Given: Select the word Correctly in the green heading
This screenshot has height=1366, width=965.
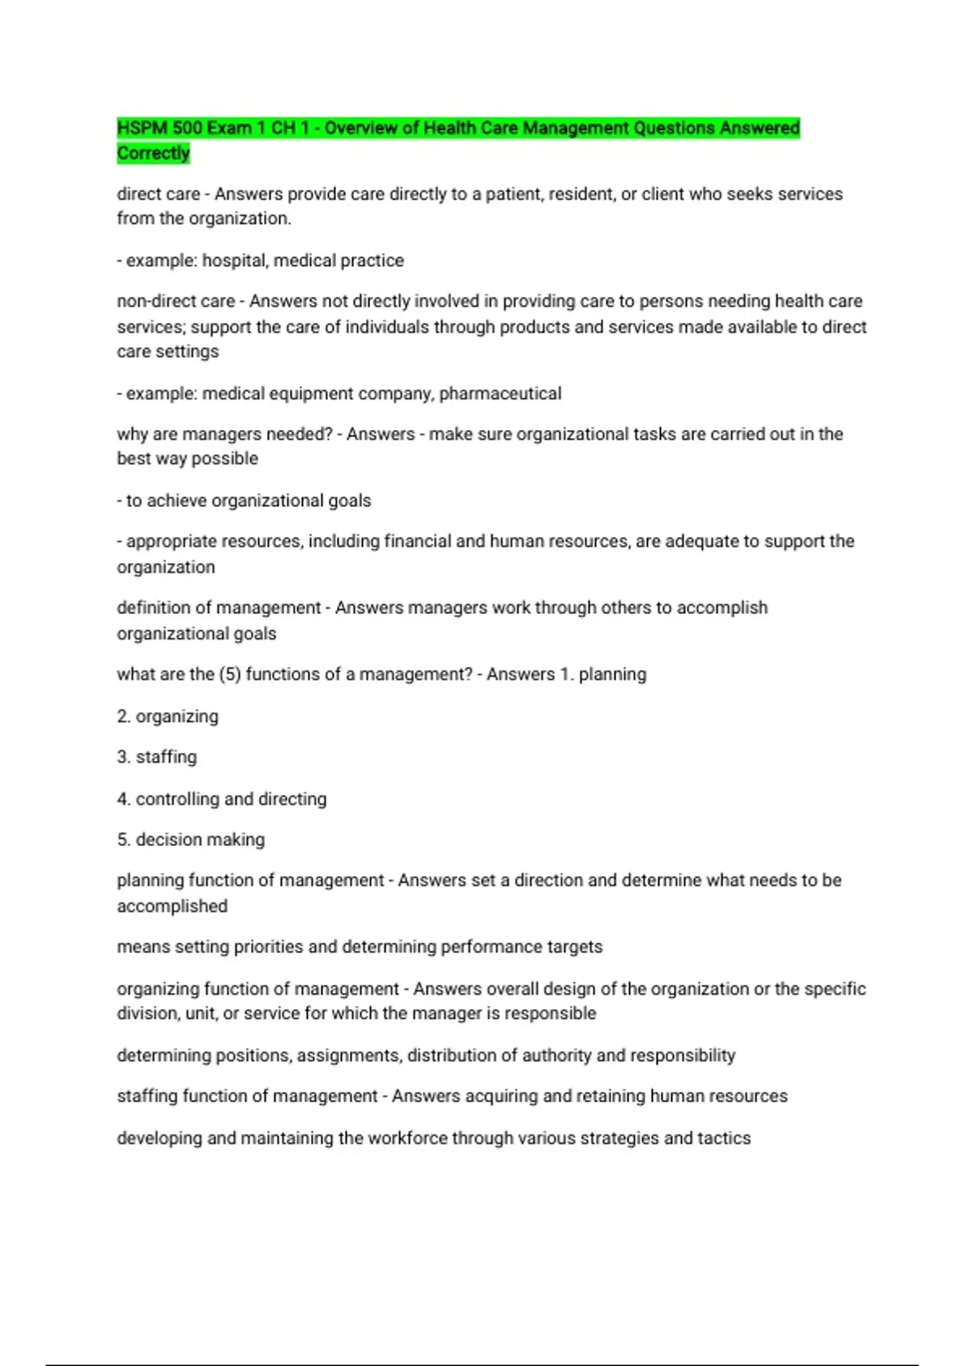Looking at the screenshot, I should pos(154,153).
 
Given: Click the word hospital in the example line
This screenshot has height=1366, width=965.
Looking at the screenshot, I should pos(234,260).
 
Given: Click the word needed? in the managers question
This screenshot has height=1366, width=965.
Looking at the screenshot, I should pos(298,434).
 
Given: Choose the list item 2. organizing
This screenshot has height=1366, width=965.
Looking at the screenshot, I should pos(167,716).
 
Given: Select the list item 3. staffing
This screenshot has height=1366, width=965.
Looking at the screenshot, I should pos(157,757).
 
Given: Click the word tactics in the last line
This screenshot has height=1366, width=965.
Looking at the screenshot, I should pos(724,1138).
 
